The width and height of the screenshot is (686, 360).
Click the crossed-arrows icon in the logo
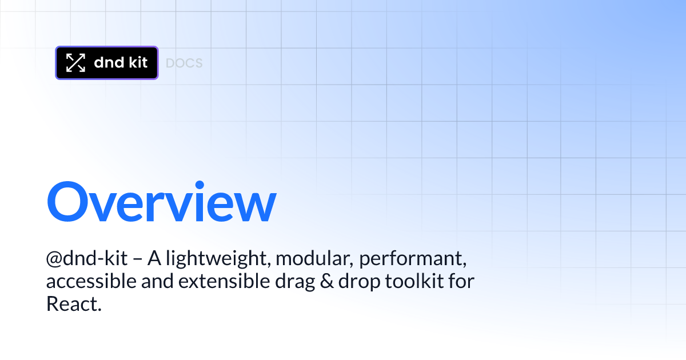click(x=75, y=63)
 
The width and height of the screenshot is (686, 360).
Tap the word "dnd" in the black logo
click(x=109, y=62)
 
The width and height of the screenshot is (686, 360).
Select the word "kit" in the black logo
click(x=138, y=62)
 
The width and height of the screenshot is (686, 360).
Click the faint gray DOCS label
click(x=184, y=63)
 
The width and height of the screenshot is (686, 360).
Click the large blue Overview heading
click(x=162, y=201)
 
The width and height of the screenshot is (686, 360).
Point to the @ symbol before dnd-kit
click(x=54, y=258)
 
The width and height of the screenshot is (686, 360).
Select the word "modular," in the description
click(x=314, y=258)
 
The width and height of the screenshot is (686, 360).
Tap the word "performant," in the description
click(x=413, y=259)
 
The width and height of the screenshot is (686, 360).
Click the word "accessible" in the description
click(x=91, y=281)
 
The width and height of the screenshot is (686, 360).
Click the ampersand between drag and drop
click(x=327, y=281)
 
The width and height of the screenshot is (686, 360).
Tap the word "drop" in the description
click(x=359, y=282)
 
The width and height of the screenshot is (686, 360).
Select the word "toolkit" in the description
click(x=414, y=281)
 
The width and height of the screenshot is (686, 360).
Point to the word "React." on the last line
click(x=74, y=303)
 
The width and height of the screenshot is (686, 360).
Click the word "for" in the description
click(x=461, y=281)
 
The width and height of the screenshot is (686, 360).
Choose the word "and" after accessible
click(x=157, y=281)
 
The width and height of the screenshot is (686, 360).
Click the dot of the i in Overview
click(x=200, y=185)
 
